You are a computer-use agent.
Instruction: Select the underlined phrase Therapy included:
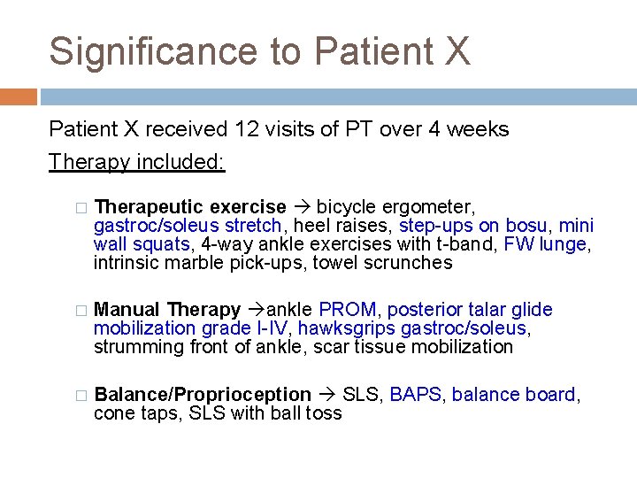click(x=137, y=162)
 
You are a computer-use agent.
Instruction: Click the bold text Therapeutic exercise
click(x=190, y=207)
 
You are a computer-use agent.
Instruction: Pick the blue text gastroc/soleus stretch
click(x=188, y=226)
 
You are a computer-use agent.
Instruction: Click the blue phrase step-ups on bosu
click(x=472, y=226)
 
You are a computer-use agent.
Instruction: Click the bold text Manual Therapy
click(x=167, y=310)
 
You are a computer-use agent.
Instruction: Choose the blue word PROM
click(x=348, y=310)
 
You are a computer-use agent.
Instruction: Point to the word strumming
click(x=140, y=347)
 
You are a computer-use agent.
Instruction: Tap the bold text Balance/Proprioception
click(x=203, y=395)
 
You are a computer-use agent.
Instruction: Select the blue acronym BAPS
click(x=415, y=395)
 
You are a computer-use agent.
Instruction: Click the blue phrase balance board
click(x=513, y=395)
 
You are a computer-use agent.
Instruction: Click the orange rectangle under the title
click(x=19, y=96)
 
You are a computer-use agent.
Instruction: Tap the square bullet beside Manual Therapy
click(x=81, y=311)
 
